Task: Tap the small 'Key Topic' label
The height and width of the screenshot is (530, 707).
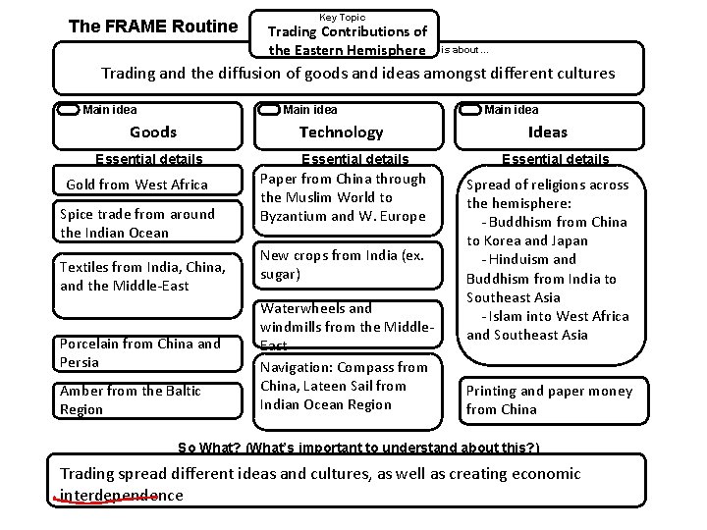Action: coord(342,17)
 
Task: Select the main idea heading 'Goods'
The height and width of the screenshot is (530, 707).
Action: coord(153,132)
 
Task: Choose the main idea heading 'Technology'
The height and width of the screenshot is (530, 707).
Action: coord(341,132)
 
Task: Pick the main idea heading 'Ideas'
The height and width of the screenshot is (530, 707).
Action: coord(547,132)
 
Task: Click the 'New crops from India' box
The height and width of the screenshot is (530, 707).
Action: coord(342,265)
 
